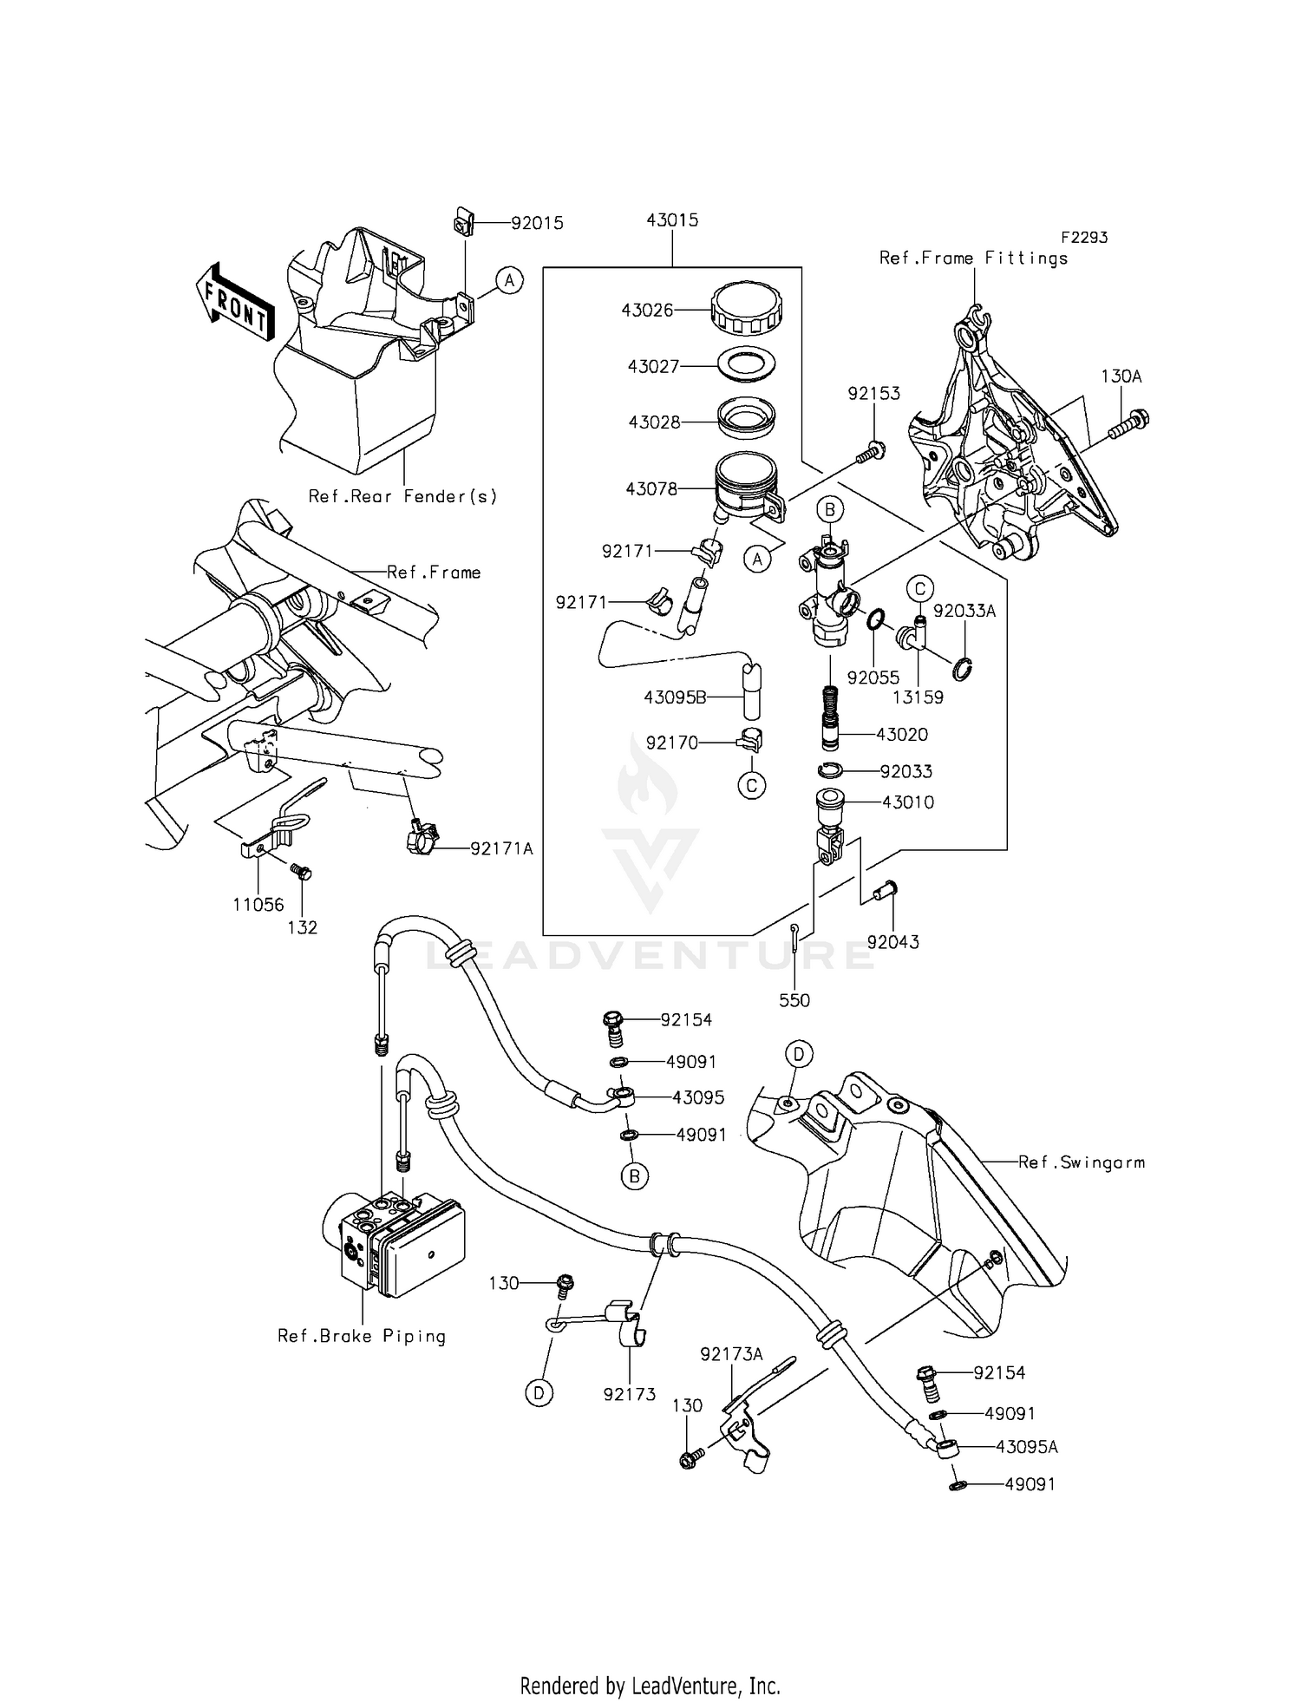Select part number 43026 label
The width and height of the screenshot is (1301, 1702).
647,310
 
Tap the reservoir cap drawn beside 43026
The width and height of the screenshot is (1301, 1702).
746,309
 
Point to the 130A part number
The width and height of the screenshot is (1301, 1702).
1121,376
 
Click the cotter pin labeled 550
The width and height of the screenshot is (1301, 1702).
795,941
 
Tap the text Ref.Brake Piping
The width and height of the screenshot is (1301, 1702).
362,1336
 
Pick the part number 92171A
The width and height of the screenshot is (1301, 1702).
501,848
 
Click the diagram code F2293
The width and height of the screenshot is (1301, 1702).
1083,237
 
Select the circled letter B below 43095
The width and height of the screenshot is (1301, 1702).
634,1176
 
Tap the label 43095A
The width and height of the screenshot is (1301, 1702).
1027,1447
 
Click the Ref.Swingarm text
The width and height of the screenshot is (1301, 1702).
1081,1162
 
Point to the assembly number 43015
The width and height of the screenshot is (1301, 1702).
672,220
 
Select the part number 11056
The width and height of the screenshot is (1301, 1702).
258,905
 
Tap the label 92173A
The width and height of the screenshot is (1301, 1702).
731,1353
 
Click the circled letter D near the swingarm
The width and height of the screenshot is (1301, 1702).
799,1054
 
